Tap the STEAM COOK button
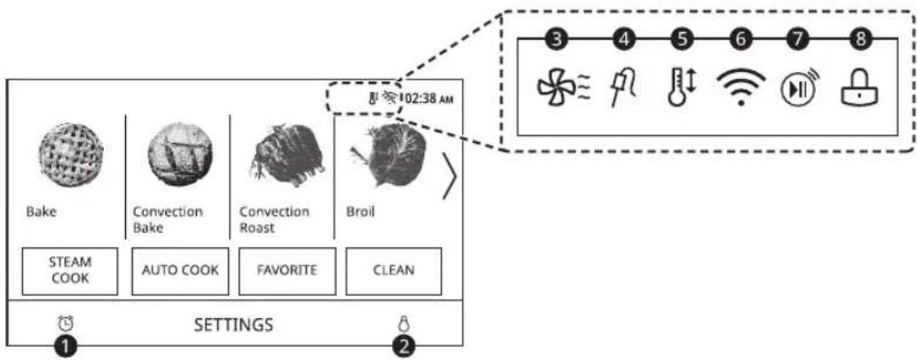69,270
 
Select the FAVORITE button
287,270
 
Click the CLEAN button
394,270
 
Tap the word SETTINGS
233,324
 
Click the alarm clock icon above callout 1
66,323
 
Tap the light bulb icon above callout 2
403,323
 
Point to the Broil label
359,212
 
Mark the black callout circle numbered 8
860,39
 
